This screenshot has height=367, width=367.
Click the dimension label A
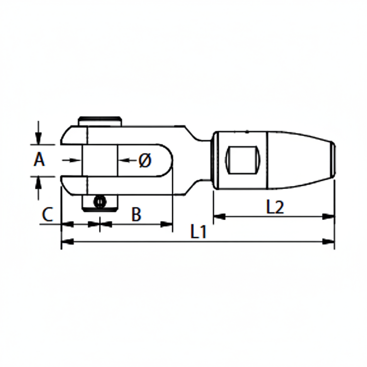coord(39,160)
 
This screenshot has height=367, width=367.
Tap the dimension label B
coord(136,214)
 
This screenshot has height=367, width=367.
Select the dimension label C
coord(47,214)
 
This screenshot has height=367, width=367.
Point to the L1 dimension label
coord(199,232)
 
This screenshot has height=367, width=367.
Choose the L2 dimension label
coord(275,207)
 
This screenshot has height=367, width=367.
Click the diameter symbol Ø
coord(145,160)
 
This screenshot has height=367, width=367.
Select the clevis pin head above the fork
coord(100,121)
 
